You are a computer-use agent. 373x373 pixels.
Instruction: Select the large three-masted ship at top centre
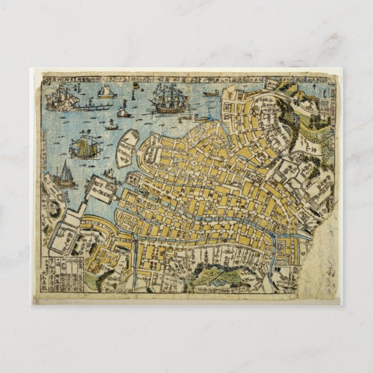pyautogui.click(x=169, y=100)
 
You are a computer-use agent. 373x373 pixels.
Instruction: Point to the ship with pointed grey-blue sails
pyautogui.click(x=65, y=175)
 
